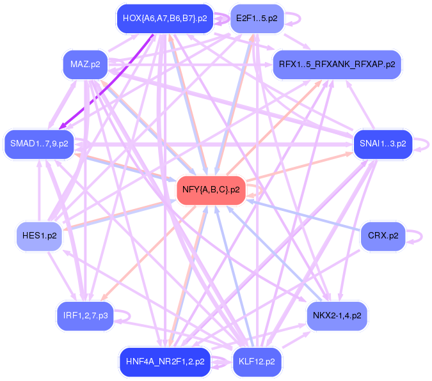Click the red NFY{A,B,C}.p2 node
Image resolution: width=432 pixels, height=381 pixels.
(211, 190)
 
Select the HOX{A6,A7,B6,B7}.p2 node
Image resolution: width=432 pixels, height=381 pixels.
(164, 18)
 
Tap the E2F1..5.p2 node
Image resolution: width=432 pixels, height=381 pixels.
(256, 18)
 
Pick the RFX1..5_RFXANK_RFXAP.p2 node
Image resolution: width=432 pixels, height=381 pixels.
(337, 65)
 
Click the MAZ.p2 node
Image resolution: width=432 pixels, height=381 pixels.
(85, 65)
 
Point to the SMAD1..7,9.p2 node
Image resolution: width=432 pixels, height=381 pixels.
(39, 143)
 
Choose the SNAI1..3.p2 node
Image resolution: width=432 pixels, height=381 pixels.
(383, 144)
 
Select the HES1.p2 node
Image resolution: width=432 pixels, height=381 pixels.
(39, 236)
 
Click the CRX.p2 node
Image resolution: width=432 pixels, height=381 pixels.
(383, 236)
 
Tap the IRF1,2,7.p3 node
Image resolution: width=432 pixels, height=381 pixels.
(84, 315)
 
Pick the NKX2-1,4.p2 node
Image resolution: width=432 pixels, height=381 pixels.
(337, 315)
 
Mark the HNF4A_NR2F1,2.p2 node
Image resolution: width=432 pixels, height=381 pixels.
(164, 361)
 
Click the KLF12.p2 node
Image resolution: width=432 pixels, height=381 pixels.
(256, 361)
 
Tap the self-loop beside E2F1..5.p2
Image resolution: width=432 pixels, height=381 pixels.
(296, 18)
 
